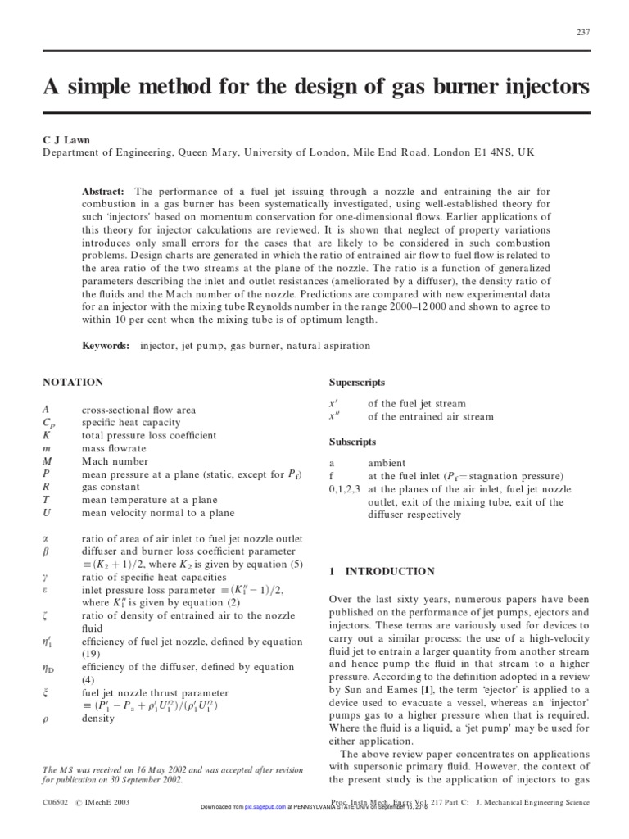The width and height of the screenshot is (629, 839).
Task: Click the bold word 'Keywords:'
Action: point(106,346)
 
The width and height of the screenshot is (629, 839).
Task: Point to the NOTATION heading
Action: point(73,382)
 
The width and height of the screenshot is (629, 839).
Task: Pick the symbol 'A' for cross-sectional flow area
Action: point(46,410)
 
